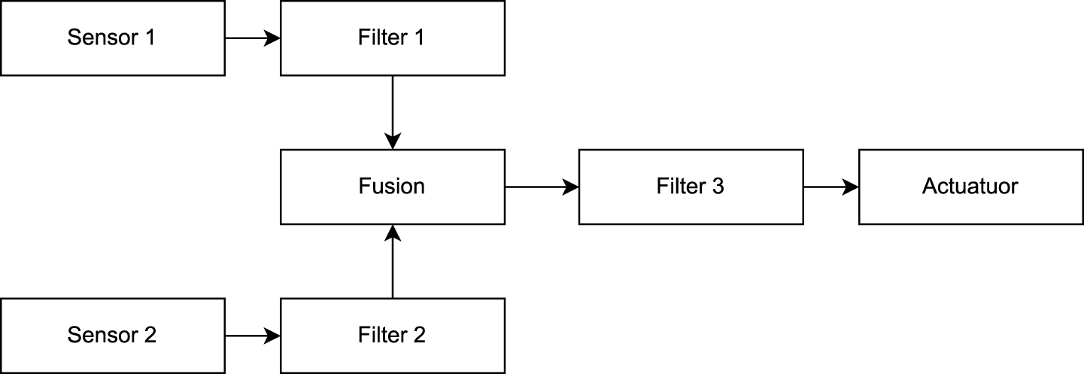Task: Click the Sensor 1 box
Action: click(x=112, y=38)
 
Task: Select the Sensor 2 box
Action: click(x=112, y=335)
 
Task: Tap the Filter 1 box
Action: click(x=392, y=38)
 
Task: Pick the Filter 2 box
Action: click(x=392, y=335)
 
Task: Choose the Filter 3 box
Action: click(x=691, y=187)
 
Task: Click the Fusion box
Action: click(x=392, y=187)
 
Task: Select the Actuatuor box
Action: click(x=970, y=187)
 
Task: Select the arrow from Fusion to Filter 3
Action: click(x=541, y=187)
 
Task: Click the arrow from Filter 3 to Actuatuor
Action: click(x=830, y=187)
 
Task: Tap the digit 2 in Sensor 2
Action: click(x=150, y=335)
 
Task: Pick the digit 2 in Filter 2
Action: click(x=419, y=335)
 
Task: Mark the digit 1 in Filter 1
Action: click(x=418, y=38)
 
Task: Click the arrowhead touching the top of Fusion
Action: click(x=392, y=141)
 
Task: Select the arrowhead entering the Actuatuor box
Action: click(x=850, y=187)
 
